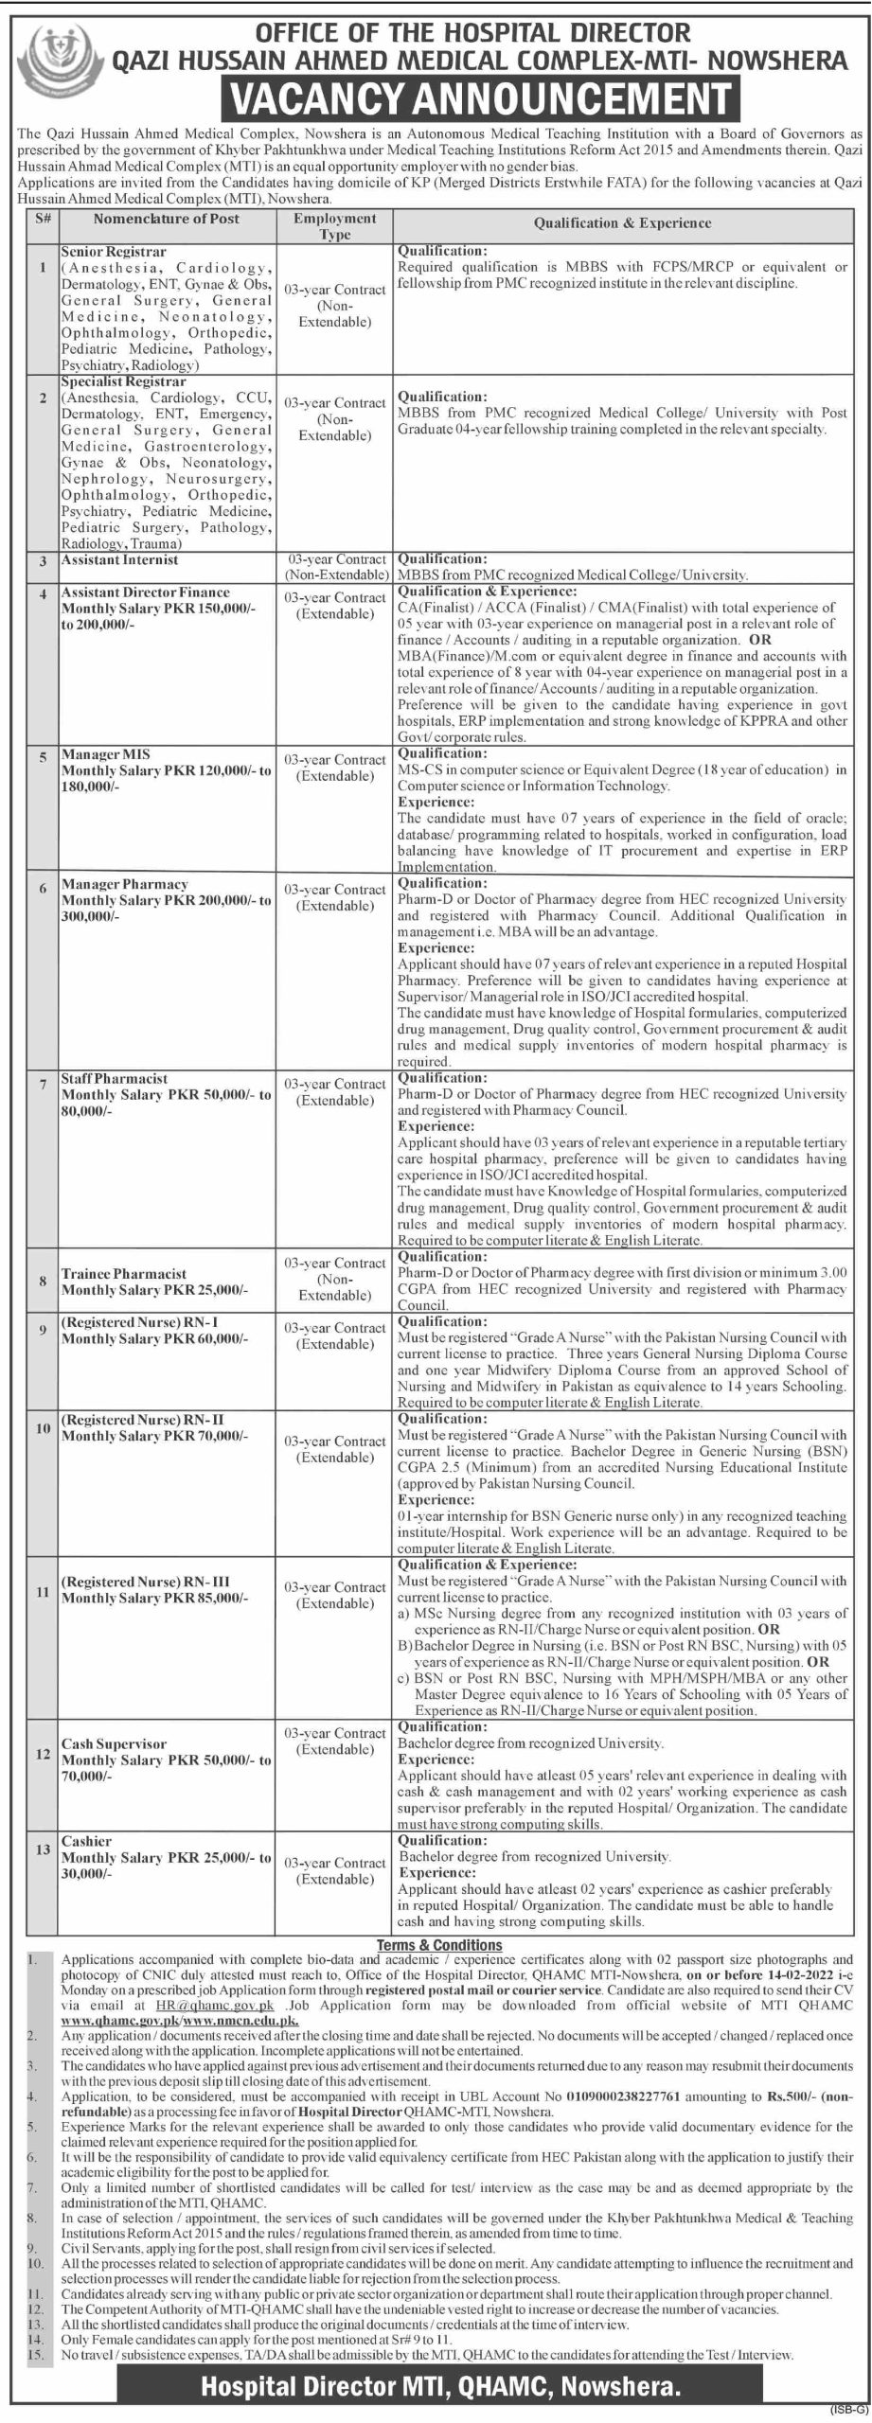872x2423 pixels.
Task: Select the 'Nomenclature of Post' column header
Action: point(166,220)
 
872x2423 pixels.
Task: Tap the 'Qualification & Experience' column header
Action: point(622,223)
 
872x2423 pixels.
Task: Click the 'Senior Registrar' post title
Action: point(114,253)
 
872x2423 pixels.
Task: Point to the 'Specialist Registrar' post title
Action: point(123,381)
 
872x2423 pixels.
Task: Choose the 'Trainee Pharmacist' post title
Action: point(124,1274)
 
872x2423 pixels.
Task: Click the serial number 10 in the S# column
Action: point(43,1428)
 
